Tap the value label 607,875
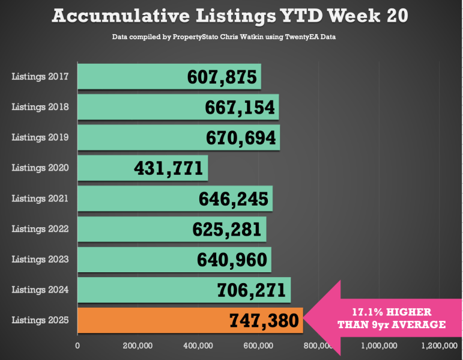coord(222,77)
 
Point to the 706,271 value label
coord(251,291)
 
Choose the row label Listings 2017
coord(40,76)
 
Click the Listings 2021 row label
coord(40,198)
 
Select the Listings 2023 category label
coord(40,259)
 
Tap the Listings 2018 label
coord(40,107)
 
